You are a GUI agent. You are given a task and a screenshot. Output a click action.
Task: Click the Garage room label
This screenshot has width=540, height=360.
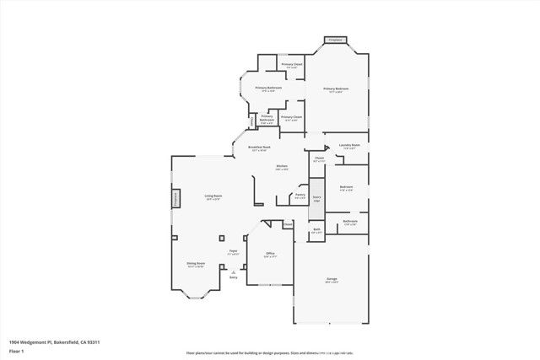tap(332, 278)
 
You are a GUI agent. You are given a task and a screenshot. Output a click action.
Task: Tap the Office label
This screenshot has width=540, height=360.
tap(270, 253)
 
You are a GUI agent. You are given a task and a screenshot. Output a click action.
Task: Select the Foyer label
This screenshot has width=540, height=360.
tap(233, 250)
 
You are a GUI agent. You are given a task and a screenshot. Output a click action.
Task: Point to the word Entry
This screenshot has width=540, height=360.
tap(234, 277)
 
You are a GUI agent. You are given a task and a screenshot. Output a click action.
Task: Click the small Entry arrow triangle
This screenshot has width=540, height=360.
tap(234, 271)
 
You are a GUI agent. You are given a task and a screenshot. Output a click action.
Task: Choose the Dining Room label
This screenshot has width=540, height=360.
tap(196, 263)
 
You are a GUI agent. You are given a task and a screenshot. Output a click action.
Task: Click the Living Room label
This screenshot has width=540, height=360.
tap(213, 196)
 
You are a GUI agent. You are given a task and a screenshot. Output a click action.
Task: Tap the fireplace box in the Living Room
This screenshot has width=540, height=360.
tap(176, 198)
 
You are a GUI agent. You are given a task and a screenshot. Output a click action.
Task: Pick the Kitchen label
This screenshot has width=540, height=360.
tap(282, 166)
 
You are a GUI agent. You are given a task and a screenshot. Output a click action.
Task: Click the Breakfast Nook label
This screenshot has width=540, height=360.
tap(259, 148)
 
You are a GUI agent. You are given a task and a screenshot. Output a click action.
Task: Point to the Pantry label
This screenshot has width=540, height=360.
tap(300, 195)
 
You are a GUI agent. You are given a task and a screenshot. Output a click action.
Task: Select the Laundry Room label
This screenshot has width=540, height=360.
tap(349, 145)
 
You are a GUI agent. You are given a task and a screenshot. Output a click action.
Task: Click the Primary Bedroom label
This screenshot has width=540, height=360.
tap(336, 89)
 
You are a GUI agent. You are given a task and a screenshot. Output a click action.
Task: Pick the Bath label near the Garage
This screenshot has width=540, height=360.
tap(316, 229)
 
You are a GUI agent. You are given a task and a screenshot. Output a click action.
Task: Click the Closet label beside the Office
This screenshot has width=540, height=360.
tap(288, 224)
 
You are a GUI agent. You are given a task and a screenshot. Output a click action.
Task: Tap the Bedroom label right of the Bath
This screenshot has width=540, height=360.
tap(349, 223)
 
